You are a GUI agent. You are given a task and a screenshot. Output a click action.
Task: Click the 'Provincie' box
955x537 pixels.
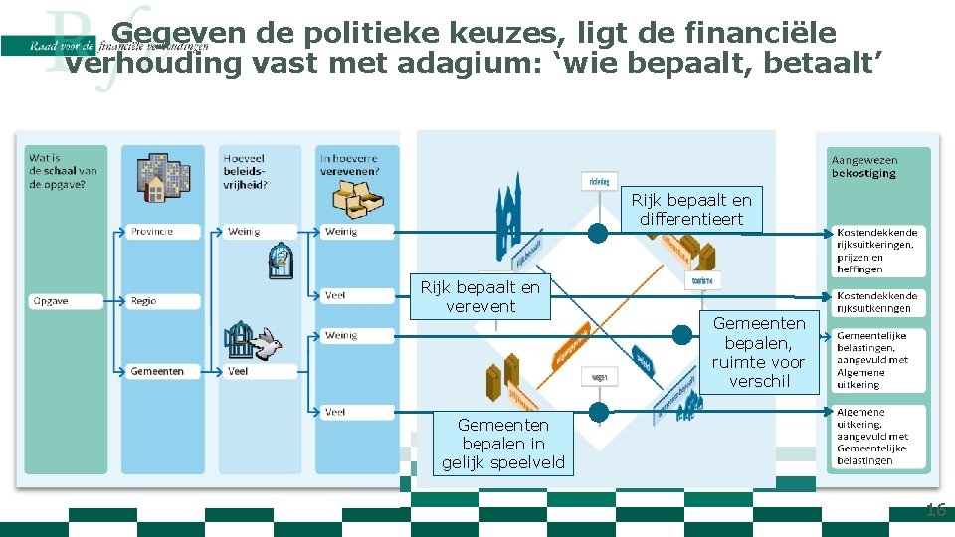pos(159,232)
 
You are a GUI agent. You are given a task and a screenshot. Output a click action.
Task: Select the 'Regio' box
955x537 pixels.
pos(159,300)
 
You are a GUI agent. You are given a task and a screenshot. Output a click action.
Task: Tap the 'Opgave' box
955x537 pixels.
pos(64,300)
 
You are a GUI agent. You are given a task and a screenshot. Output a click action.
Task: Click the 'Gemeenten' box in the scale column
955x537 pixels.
pos(159,371)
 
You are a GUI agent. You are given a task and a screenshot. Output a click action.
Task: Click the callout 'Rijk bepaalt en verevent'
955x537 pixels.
pos(480,297)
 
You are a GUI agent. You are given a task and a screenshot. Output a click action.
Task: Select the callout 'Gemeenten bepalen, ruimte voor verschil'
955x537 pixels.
pos(759,352)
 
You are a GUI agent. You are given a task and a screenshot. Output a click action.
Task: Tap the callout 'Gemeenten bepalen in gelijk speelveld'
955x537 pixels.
pos(502,444)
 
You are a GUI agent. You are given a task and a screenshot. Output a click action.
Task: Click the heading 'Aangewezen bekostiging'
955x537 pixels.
pos(863,166)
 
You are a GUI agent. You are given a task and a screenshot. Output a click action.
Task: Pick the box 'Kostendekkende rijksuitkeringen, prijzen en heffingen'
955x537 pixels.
pos(875,251)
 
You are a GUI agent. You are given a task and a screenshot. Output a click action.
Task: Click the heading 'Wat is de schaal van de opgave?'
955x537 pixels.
pos(63,170)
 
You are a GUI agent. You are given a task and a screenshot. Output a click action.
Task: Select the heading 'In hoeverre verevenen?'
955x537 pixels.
pos(348,163)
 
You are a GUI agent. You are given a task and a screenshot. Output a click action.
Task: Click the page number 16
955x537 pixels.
pos(935,511)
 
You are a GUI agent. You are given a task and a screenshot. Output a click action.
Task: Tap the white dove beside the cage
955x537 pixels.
pos(266,344)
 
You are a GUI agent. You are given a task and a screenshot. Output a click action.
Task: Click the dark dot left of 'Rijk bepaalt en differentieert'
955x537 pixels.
pos(597,233)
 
